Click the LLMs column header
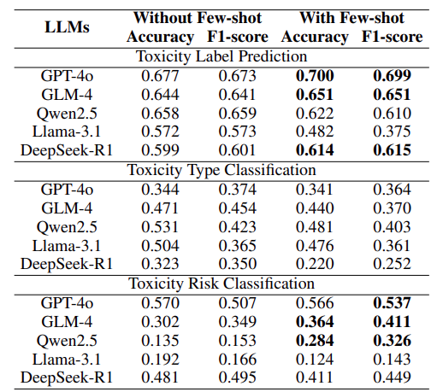tap(67, 27)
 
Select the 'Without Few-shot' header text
tap(198, 18)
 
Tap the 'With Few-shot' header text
tap(351, 18)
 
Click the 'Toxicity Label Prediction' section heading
tap(221, 56)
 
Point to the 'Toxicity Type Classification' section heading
tap(221, 170)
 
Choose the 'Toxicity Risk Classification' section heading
tap(221, 284)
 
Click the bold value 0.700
tap(315, 76)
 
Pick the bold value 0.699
tap(392, 76)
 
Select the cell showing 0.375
tap(392, 132)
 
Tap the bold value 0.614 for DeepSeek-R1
tap(315, 150)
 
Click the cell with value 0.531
tap(160, 227)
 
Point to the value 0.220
tap(315, 264)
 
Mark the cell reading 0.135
tap(160, 341)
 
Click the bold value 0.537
tap(392, 303)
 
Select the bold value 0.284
tap(315, 341)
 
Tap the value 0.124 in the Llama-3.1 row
tap(315, 360)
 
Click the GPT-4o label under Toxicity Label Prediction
tap(67, 76)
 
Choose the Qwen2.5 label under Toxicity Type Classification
tap(67, 227)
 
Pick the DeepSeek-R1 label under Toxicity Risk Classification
tap(67, 377)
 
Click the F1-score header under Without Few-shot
tap(238, 37)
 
